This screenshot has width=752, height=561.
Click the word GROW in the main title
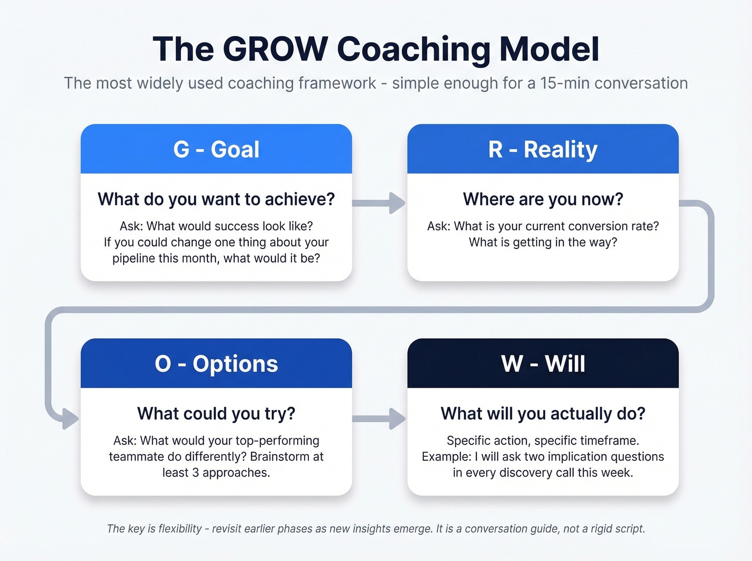pyautogui.click(x=274, y=49)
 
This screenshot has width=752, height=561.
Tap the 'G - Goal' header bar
pyautogui.click(x=216, y=149)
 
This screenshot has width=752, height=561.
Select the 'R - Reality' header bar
pyautogui.click(x=543, y=149)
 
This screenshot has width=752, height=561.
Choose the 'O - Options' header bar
pyautogui.click(x=216, y=363)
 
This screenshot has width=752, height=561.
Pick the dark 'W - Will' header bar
pyautogui.click(x=543, y=363)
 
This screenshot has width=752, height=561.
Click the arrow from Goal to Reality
pyautogui.click(x=379, y=203)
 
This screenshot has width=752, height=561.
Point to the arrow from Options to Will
pyautogui.click(x=379, y=418)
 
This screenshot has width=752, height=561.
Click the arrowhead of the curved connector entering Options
pyautogui.click(x=70, y=418)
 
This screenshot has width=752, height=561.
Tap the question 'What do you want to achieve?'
pyautogui.click(x=216, y=199)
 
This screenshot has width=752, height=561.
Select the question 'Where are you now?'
pyautogui.click(x=543, y=199)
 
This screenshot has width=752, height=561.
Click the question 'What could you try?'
pyautogui.click(x=216, y=413)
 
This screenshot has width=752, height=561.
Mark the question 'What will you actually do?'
pyautogui.click(x=543, y=413)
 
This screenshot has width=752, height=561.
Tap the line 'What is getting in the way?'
pyautogui.click(x=543, y=242)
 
